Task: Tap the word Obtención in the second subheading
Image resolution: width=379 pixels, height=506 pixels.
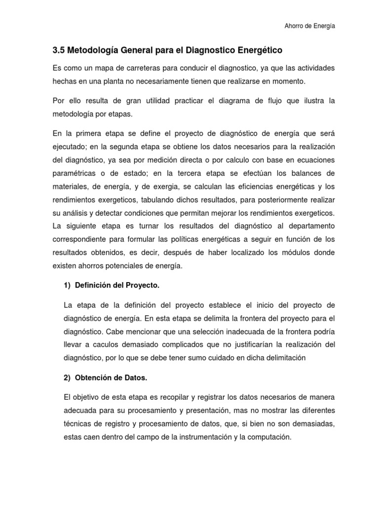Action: pos(92,378)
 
